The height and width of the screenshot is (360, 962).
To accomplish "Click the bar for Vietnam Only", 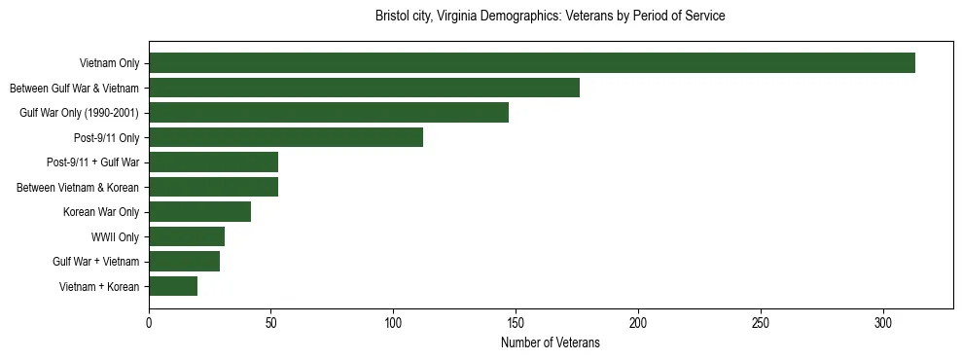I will pyautogui.click(x=532, y=63).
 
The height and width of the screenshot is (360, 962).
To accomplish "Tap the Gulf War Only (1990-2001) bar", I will pyautogui.click(x=329, y=113).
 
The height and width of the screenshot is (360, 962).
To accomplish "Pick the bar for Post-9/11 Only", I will pyautogui.click(x=286, y=137).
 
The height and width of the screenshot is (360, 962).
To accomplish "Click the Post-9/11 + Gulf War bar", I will pyautogui.click(x=213, y=162).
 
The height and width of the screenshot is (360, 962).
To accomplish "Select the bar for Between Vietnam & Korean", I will pyautogui.click(x=213, y=187).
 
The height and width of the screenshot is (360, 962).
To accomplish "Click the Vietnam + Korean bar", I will pyautogui.click(x=173, y=286).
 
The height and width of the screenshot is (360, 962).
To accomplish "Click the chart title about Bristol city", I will pyautogui.click(x=550, y=17).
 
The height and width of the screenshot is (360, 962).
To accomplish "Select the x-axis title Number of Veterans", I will pyautogui.click(x=550, y=343).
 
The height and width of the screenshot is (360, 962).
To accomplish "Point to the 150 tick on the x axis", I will pyautogui.click(x=516, y=322).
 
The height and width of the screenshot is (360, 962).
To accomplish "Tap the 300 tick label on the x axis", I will pyautogui.click(x=882, y=322).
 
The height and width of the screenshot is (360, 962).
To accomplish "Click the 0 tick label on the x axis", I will pyautogui.click(x=149, y=322).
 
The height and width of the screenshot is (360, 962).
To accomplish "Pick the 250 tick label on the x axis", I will pyautogui.click(x=761, y=322).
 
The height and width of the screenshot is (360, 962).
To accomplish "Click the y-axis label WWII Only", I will pyautogui.click(x=115, y=236).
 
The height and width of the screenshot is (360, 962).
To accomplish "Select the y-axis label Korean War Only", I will pyautogui.click(x=101, y=212).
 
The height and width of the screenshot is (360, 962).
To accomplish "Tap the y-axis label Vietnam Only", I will pyautogui.click(x=109, y=63).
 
